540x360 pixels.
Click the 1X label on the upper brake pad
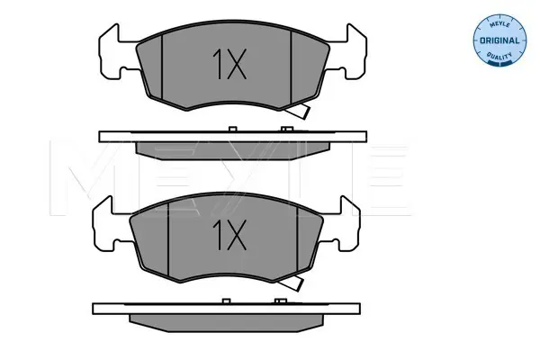[229, 64]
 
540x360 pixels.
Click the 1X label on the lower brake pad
[229, 235]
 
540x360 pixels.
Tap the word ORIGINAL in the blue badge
[499, 40]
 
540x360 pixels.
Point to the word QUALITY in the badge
[499, 56]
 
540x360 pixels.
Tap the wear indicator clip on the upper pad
[298, 111]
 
